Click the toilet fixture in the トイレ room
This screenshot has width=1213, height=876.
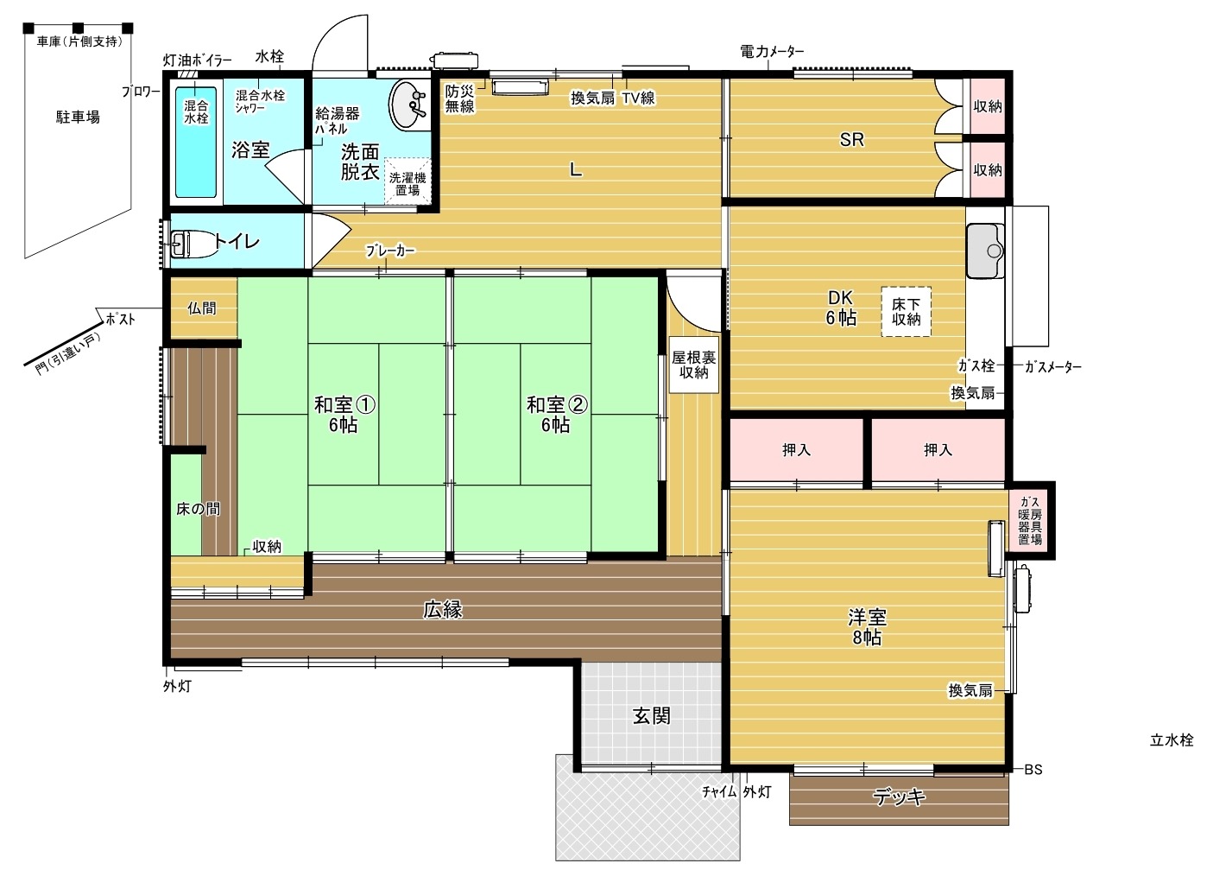click(x=181, y=244)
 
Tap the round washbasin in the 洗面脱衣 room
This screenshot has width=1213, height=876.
click(x=407, y=105)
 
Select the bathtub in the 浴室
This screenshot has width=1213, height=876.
click(x=196, y=142)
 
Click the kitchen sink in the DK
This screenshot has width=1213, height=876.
click(x=985, y=251)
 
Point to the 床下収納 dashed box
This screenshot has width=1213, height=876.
click(x=906, y=312)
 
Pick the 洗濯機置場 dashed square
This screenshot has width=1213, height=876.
click(x=407, y=181)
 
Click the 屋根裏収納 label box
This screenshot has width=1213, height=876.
click(x=693, y=365)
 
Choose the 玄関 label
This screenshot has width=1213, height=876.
click(x=652, y=715)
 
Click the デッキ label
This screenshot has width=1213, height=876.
click(x=899, y=797)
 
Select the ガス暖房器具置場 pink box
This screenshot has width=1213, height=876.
click(x=1029, y=520)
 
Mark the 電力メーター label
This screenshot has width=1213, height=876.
click(x=772, y=52)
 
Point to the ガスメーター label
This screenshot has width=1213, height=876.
click(x=1052, y=367)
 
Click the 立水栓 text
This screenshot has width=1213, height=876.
click(x=1172, y=740)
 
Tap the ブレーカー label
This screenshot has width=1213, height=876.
click(x=390, y=251)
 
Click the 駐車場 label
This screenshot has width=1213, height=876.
click(x=78, y=117)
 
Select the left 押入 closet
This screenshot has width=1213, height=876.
click(x=796, y=449)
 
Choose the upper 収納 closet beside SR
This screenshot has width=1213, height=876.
click(x=988, y=106)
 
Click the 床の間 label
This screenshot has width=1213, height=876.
click(x=199, y=509)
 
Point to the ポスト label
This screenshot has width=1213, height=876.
click(x=120, y=319)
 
